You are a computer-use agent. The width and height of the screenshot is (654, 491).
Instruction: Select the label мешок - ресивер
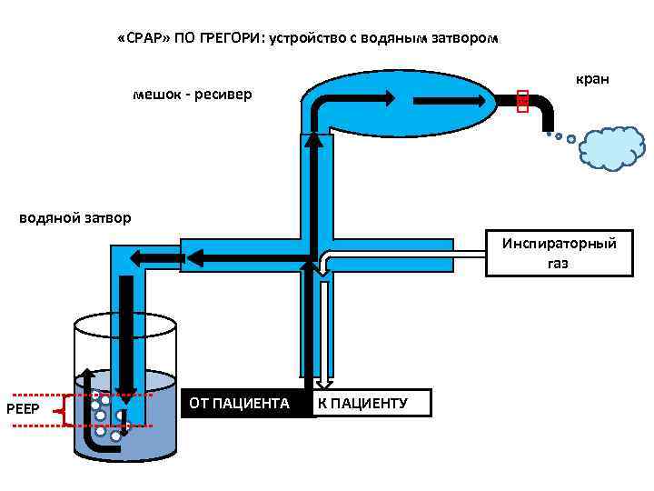pos(192,95)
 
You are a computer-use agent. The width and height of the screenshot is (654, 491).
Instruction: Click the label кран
pos(591,80)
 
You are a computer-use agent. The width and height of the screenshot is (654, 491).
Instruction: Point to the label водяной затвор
pos(75,217)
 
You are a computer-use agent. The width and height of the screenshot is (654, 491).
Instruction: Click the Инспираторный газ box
pos(558,253)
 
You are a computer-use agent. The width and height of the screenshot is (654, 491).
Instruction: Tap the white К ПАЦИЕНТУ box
pos(372,403)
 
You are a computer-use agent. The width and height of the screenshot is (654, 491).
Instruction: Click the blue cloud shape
pos(611,147)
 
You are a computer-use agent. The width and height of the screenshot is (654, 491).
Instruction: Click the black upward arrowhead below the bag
pos(313,139)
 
